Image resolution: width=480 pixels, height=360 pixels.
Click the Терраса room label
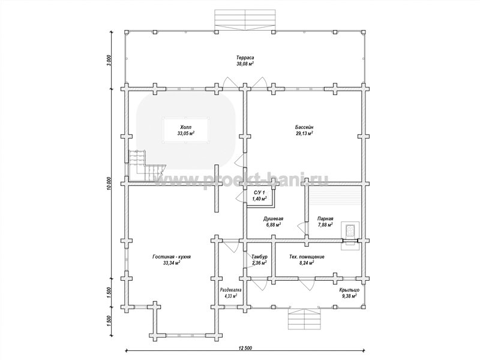tap(245, 58)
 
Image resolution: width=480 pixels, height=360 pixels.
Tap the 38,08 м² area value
tap(245, 64)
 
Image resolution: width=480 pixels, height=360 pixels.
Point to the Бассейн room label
tap(304, 127)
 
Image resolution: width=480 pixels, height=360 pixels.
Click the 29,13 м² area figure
tap(304, 133)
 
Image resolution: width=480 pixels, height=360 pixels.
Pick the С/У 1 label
tap(260, 193)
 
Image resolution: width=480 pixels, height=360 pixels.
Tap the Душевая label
tap(273, 218)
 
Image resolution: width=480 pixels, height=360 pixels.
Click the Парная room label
tap(325, 218)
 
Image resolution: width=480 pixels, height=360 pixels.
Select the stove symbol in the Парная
tap(350, 230)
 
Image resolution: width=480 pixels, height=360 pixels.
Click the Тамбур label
tap(260, 257)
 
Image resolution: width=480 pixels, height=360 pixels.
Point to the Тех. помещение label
tap(307, 257)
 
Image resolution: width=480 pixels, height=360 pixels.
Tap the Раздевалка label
tap(231, 290)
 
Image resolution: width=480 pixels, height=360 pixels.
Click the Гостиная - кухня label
tap(172, 257)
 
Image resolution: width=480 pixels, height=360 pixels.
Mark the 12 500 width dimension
tap(245, 347)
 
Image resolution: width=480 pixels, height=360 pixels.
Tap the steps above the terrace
tap(245, 20)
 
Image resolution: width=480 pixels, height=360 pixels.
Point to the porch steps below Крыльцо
tap(304, 319)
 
